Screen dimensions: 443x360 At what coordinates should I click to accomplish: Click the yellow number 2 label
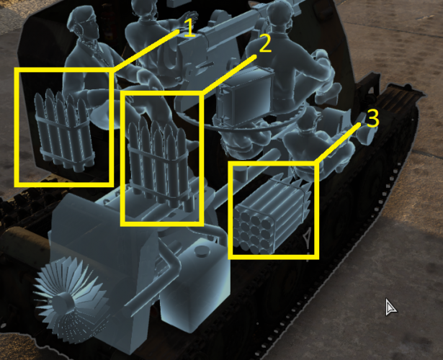point(265,43)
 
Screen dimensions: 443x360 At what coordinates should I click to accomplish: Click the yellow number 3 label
point(372,118)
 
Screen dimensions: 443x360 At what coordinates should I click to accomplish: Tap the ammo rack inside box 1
point(64,130)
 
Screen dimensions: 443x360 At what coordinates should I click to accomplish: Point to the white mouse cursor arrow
point(390,307)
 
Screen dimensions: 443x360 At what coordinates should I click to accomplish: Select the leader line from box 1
point(146,50)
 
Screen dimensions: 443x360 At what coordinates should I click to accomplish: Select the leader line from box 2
point(229,75)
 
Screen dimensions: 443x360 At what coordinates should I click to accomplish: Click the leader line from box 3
point(339,143)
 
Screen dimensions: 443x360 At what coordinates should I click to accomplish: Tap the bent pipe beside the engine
point(158,282)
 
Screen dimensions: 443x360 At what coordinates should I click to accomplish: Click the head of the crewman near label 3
point(309,117)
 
